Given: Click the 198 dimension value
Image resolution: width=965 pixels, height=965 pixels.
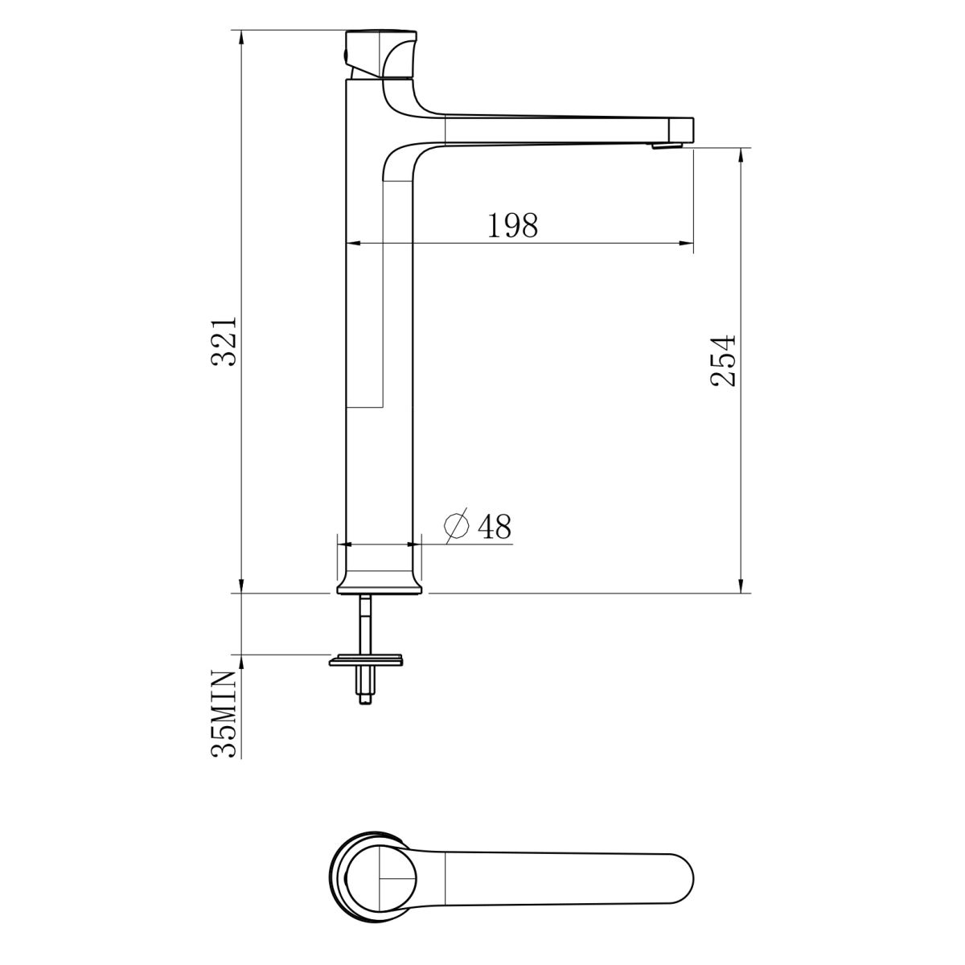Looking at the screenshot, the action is [x=512, y=225].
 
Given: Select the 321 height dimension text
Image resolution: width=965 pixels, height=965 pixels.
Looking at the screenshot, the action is [x=224, y=342].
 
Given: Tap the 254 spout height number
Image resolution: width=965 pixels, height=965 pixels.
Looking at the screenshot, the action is [x=723, y=360].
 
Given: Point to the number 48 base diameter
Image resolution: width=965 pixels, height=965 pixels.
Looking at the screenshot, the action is [x=495, y=526].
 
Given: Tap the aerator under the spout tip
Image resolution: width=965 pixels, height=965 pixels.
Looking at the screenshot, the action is [x=667, y=145].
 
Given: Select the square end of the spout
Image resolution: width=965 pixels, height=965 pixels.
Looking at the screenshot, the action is [x=682, y=129].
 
